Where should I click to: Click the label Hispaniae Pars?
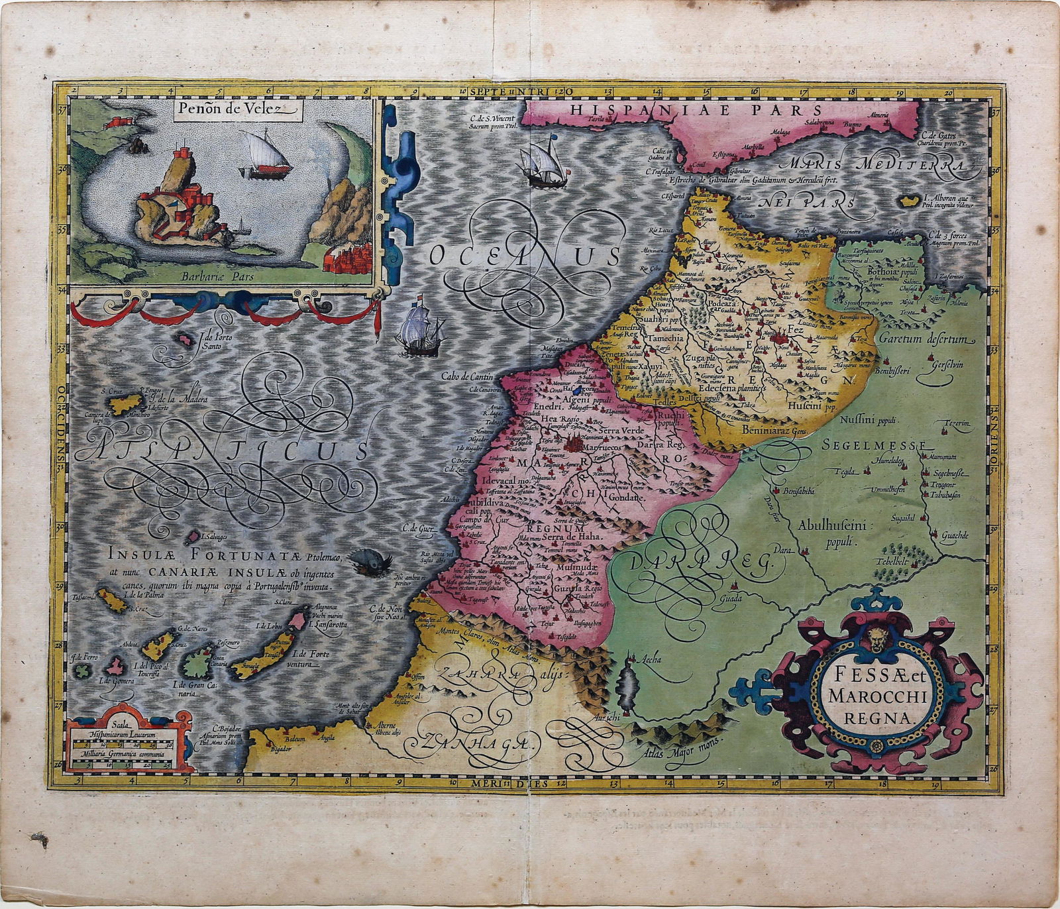pyautogui.click(x=696, y=110)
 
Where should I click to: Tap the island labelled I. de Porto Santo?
pyautogui.click(x=182, y=341)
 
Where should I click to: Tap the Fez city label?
pyautogui.click(x=794, y=329)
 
